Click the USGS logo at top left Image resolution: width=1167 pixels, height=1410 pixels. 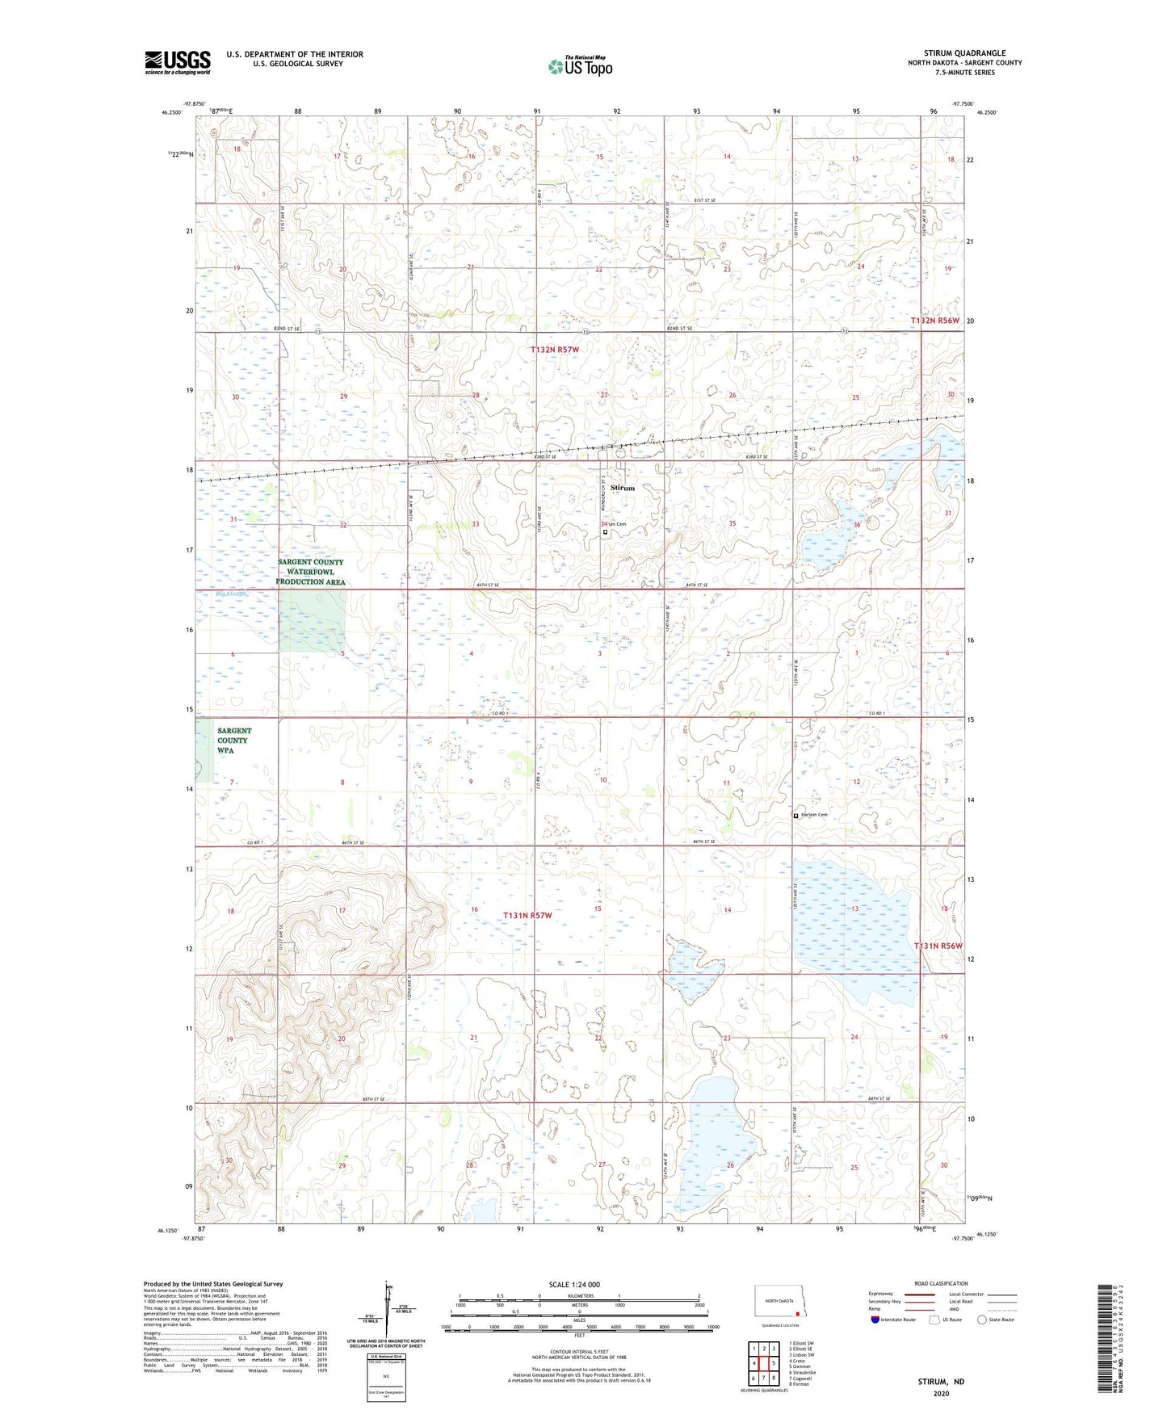[x=177, y=62]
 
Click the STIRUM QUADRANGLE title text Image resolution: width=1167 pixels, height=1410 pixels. [x=965, y=53]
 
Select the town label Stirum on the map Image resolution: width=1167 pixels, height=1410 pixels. [x=623, y=488]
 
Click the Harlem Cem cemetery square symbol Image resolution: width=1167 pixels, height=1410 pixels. [x=795, y=816]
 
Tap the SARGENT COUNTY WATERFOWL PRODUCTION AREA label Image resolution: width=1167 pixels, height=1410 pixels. [x=310, y=572]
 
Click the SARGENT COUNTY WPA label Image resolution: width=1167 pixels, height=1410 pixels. [x=234, y=741]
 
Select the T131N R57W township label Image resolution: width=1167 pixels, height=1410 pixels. [x=527, y=916]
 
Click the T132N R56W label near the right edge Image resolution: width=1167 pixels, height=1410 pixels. [x=935, y=321]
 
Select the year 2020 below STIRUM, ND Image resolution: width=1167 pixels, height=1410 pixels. [x=941, y=1393]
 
